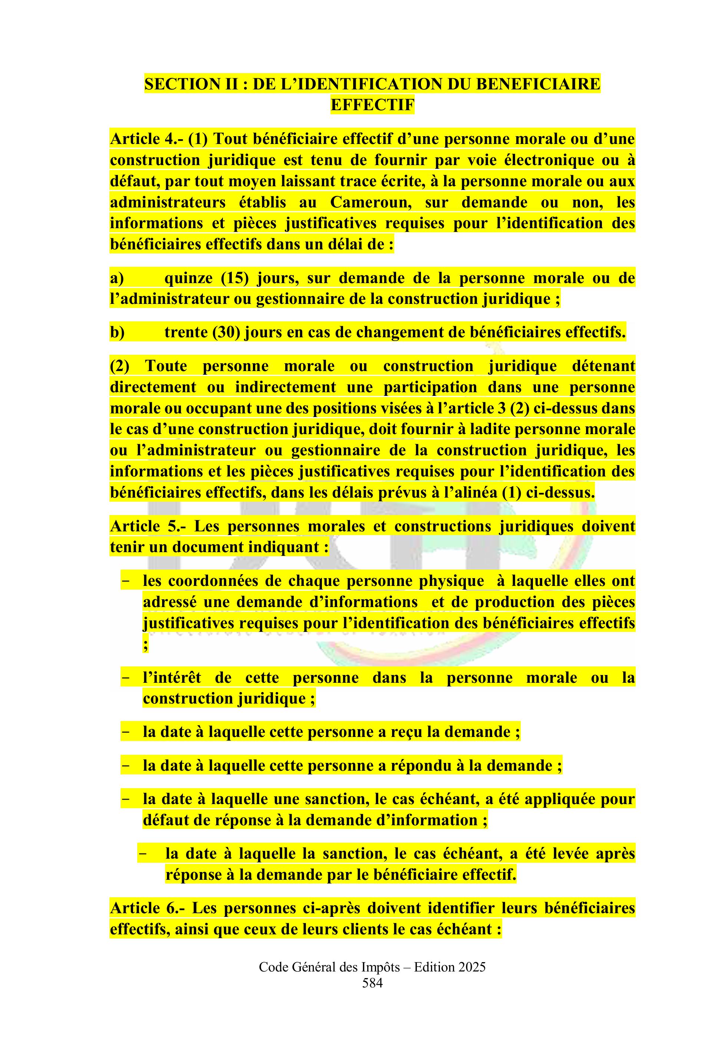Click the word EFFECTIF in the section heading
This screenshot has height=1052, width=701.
372,105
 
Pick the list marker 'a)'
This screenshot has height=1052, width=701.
117,278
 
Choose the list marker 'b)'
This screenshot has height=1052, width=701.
117,332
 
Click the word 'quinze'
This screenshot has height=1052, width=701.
187,278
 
